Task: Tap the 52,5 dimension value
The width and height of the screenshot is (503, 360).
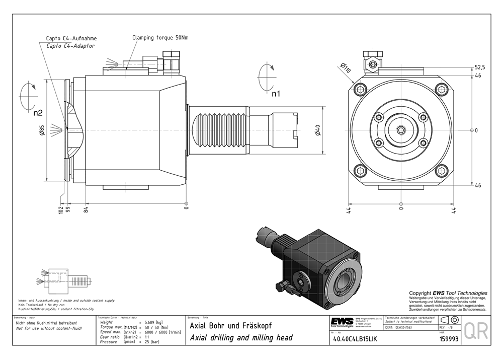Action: point(480,67)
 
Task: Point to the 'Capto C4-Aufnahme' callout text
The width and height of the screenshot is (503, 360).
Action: point(71,38)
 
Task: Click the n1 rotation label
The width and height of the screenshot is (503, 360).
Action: point(276,94)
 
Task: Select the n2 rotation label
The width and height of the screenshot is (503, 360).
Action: point(38,113)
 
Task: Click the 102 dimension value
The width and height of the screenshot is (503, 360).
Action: point(60,209)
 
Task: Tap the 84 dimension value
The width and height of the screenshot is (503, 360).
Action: point(86,209)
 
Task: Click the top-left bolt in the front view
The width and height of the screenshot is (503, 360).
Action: point(361,90)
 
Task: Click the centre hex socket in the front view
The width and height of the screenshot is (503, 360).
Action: point(400,130)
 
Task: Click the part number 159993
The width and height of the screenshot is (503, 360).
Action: point(449,339)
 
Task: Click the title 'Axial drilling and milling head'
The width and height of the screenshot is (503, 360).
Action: point(241,338)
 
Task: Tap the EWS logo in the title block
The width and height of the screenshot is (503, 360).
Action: point(342,322)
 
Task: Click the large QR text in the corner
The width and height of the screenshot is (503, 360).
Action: point(475,331)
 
